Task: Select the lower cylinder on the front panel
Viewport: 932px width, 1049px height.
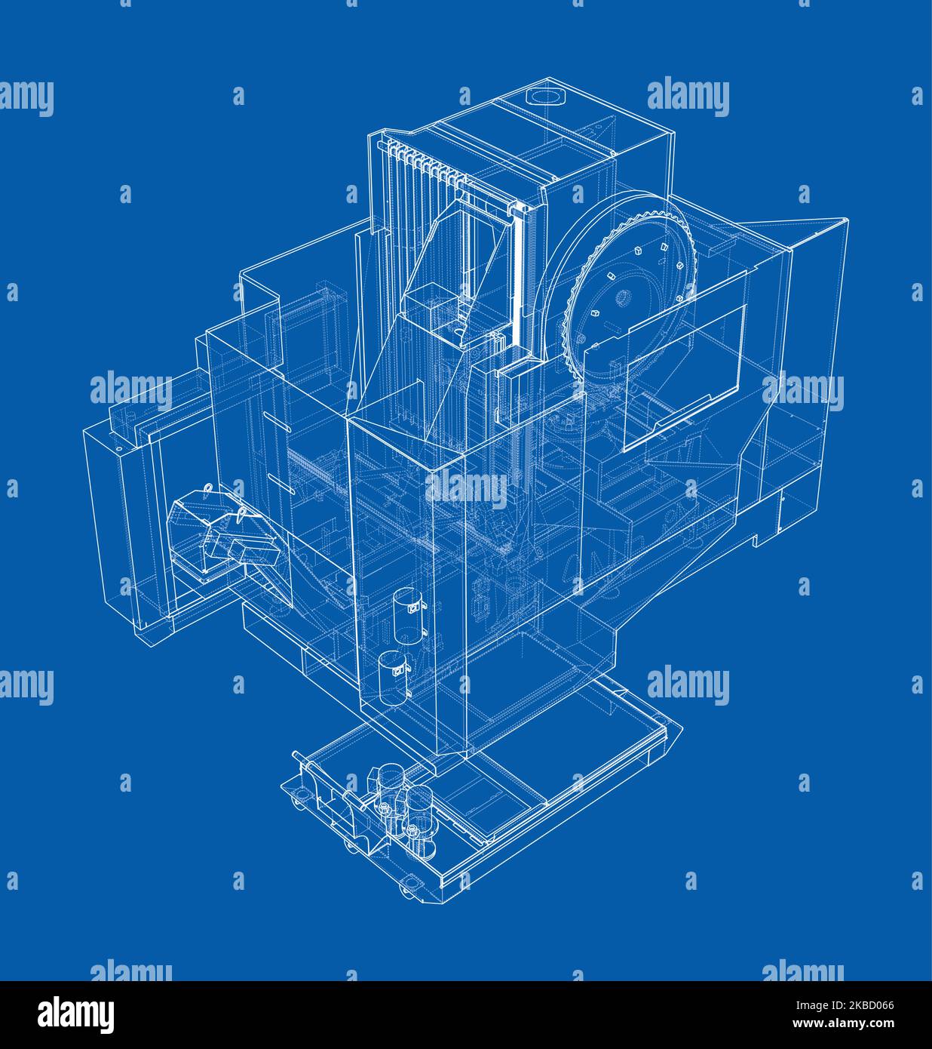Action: click(392, 678)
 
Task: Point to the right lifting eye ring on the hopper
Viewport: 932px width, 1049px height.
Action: click(243, 514)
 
